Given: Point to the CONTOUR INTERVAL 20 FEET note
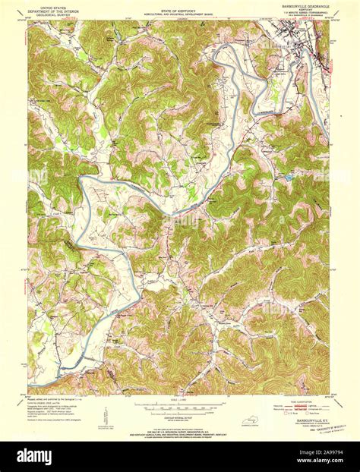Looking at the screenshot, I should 180,417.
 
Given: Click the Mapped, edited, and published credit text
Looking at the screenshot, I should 53,398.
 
